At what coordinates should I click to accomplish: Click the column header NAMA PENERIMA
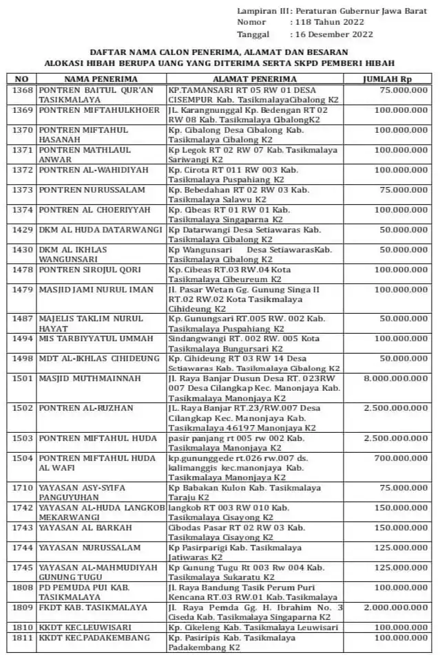92,78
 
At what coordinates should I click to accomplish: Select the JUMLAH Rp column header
388,78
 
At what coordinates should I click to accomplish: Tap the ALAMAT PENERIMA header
255,78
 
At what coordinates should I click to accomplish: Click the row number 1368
23,90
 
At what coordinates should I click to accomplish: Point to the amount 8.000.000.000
394,378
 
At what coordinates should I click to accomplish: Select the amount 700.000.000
399,458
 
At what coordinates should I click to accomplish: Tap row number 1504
23,458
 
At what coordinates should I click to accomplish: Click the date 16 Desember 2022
333,34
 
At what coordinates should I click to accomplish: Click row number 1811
23,638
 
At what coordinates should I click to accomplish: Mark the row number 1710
23,488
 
